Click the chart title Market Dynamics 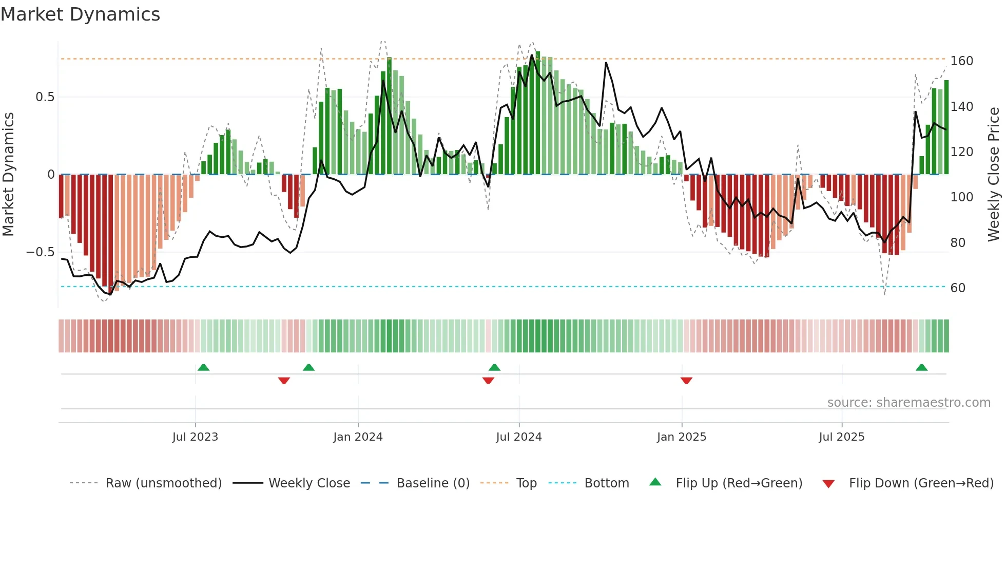[x=81, y=14]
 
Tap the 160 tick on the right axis [x=961, y=61]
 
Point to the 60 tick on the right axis [x=958, y=288]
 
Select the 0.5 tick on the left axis [x=45, y=97]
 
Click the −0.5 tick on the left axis [x=41, y=252]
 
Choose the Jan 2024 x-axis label [x=358, y=437]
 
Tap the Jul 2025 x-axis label [x=841, y=437]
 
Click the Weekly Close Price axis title [x=994, y=175]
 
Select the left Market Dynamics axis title [x=8, y=175]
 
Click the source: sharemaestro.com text [x=908, y=403]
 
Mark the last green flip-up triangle [x=921, y=368]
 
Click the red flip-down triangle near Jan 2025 [x=686, y=381]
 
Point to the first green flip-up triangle [x=203, y=368]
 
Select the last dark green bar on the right [x=946, y=127]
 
